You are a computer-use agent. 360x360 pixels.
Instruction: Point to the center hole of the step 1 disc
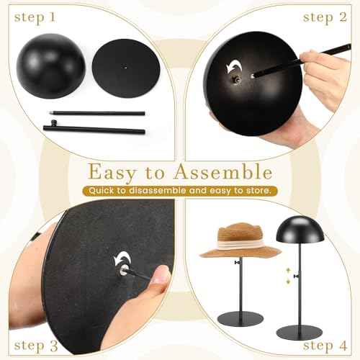pos(125,68)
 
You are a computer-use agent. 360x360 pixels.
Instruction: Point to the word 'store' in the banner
pos(257,191)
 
